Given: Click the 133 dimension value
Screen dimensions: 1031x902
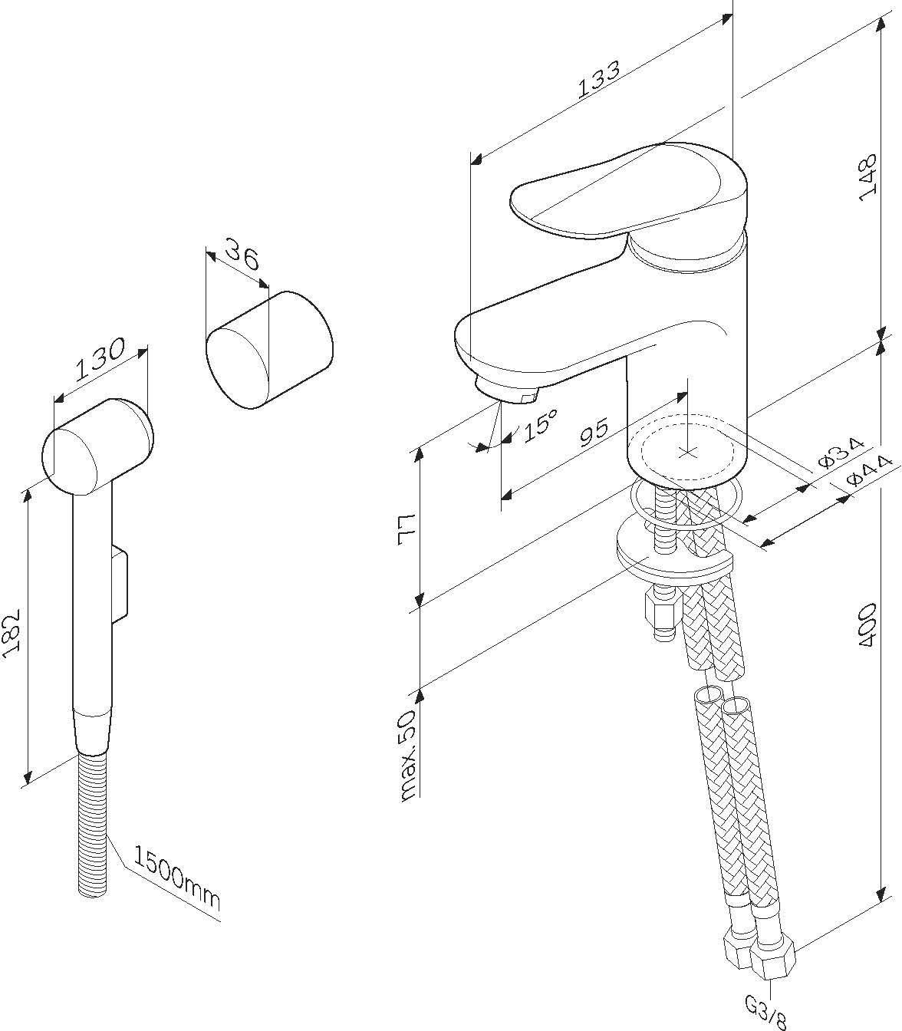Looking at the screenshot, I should pyautogui.click(x=598, y=78).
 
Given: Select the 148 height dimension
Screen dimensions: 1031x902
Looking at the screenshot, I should pyautogui.click(x=867, y=177).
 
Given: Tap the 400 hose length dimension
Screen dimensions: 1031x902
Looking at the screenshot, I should pyautogui.click(x=867, y=624).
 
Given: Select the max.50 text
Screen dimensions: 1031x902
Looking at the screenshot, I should pyautogui.click(x=407, y=756).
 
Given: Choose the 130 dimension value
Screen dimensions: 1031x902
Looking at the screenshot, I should pyautogui.click(x=100, y=363).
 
